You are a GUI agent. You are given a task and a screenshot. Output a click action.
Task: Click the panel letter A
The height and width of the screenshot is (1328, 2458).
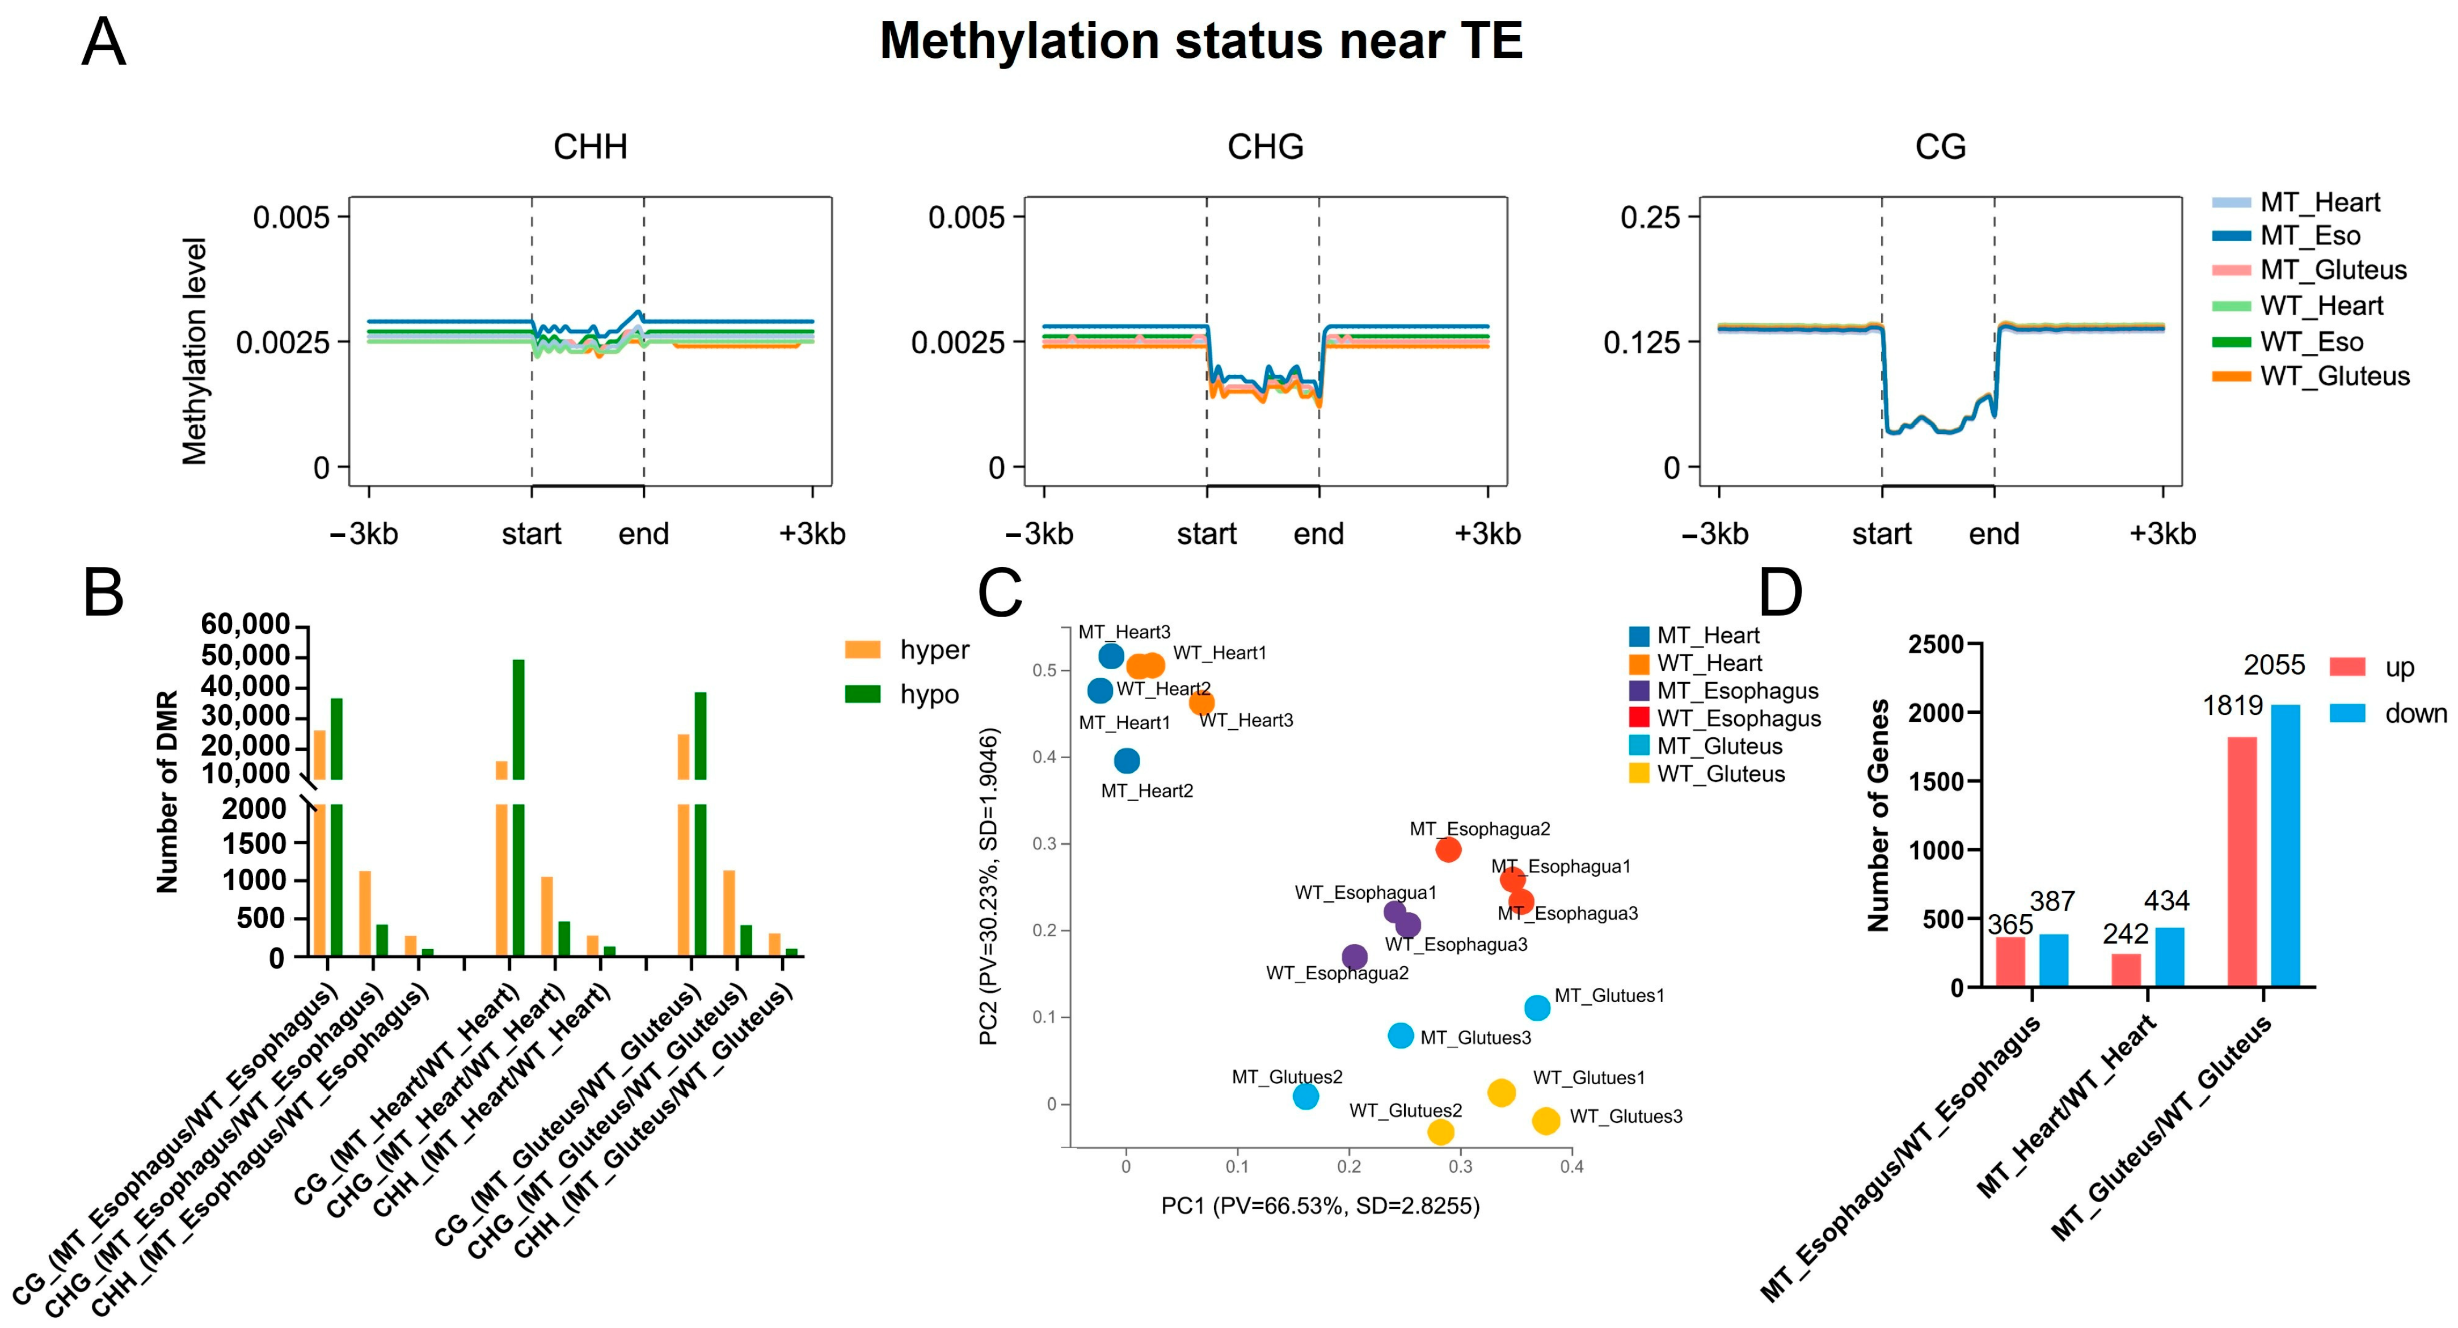pos(103,43)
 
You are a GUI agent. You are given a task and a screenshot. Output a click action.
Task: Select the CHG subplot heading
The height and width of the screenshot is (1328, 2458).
pos(1265,147)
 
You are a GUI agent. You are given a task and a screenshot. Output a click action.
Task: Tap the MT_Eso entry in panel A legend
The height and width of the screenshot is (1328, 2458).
pos(2309,236)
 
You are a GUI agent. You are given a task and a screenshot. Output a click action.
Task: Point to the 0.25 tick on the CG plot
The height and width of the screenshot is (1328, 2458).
pos(1651,218)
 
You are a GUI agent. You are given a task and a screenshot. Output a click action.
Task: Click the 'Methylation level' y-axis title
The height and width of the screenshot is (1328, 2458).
pos(195,351)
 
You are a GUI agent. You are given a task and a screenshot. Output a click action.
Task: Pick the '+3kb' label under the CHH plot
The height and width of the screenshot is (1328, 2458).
pos(812,534)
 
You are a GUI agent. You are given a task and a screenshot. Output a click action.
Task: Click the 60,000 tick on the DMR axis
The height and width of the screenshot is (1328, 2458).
pos(245,625)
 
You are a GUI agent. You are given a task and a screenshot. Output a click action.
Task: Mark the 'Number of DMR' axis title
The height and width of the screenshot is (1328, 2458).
pos(168,792)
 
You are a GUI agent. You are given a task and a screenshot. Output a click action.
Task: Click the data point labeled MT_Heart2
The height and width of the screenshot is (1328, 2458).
pos(1127,760)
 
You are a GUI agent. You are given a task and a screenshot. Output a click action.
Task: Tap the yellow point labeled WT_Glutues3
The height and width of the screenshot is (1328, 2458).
pos(1546,1121)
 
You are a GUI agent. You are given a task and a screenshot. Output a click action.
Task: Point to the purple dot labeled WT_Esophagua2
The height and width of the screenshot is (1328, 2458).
pos(1354,957)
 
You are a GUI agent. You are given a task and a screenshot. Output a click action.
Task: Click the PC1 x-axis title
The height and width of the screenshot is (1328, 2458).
pos(1319,1206)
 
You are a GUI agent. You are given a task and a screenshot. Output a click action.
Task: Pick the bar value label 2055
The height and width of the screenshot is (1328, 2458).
pos(2274,665)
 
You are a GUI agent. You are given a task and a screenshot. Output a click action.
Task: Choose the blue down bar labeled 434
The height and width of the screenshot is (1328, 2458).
pos(2169,957)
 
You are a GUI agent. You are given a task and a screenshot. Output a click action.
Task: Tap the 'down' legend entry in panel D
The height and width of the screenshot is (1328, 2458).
pos(2414,713)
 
